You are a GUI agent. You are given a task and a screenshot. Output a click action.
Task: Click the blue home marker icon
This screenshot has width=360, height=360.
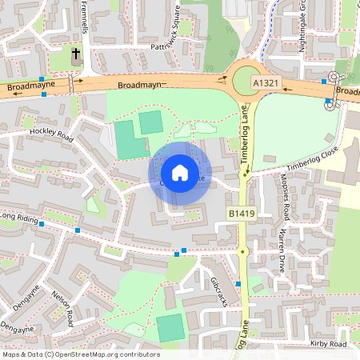pos(180,172)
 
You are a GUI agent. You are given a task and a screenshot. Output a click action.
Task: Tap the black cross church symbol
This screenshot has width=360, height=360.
pos(76,54)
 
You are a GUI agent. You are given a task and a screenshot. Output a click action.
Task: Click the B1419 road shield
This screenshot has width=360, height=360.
pos(242,214)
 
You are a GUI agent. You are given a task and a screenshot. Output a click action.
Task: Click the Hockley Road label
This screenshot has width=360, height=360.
pos(51,134)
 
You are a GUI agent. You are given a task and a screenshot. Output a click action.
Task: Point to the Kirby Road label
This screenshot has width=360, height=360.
pos(328,344)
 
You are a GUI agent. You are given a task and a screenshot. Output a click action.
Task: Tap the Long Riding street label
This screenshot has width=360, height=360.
pos(19,216)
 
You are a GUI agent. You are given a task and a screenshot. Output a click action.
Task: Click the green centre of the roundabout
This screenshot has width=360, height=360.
pos(246,81)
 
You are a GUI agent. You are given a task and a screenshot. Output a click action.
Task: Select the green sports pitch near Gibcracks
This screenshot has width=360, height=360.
pos(170,328)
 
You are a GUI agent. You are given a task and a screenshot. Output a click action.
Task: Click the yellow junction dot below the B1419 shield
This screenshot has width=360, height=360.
pos(242,251)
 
